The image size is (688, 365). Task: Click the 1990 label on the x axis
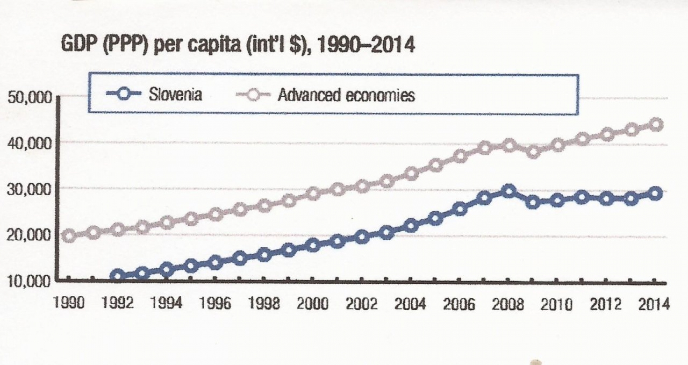(x=68, y=304)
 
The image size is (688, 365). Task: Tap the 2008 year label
(x=508, y=304)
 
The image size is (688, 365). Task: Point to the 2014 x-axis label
(x=654, y=304)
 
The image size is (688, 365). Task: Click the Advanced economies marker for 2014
(x=656, y=125)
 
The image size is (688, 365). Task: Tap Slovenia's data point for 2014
(x=656, y=193)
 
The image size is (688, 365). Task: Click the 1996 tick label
(x=215, y=304)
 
